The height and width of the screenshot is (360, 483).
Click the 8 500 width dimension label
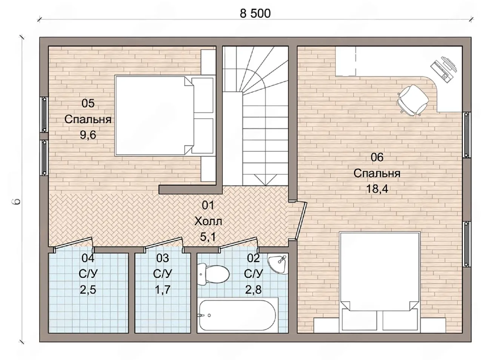point(255,14)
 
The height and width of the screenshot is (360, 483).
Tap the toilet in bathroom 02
point(212,274)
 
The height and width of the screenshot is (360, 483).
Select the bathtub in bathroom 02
point(237,315)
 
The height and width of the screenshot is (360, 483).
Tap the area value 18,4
point(377,189)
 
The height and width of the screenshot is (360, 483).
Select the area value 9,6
point(88,135)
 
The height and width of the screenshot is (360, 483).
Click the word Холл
point(208,221)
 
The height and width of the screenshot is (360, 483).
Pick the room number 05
point(88,103)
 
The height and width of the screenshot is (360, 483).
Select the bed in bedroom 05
point(165,116)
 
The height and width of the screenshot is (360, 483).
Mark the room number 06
point(377,157)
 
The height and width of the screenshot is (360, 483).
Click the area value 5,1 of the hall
point(208,237)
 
